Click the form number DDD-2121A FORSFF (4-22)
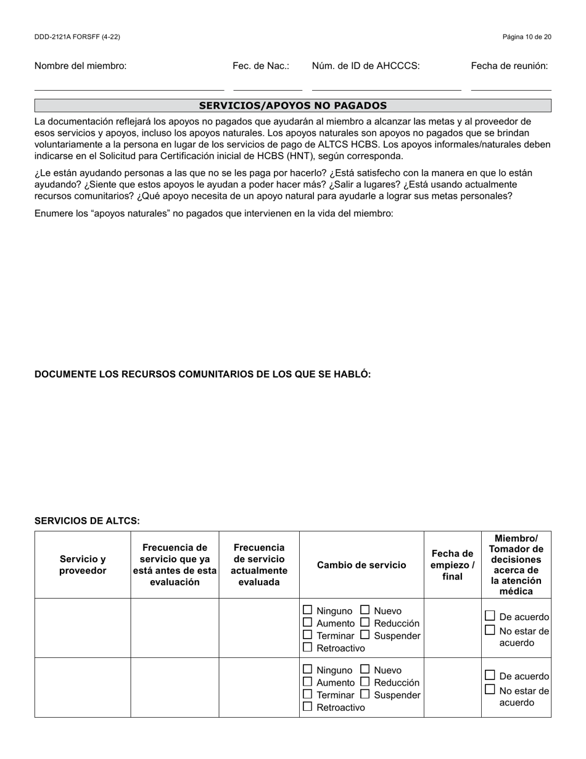pyautogui.click(x=77, y=37)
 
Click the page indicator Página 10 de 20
pyautogui.click(x=527, y=37)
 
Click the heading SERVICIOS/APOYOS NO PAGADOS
pyautogui.click(x=293, y=106)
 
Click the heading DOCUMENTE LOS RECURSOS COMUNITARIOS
pyautogui.click(x=202, y=375)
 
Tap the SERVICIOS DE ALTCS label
pyautogui.click(x=87, y=521)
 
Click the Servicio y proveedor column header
pyautogui.click(x=83, y=565)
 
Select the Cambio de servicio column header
pyautogui.click(x=361, y=565)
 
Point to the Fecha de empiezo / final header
pyautogui.click(x=452, y=565)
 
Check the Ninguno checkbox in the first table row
pyautogui.click(x=308, y=610)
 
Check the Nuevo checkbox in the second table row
pyautogui.click(x=365, y=669)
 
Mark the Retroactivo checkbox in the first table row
pyautogui.click(x=308, y=647)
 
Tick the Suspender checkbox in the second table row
pyautogui.click(x=365, y=694)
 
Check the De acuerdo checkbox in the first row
pyautogui.click(x=490, y=616)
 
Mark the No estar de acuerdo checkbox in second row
pyautogui.click(x=490, y=689)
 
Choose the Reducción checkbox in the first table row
pyautogui.click(x=365, y=622)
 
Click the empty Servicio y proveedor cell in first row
pyautogui.click(x=83, y=628)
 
